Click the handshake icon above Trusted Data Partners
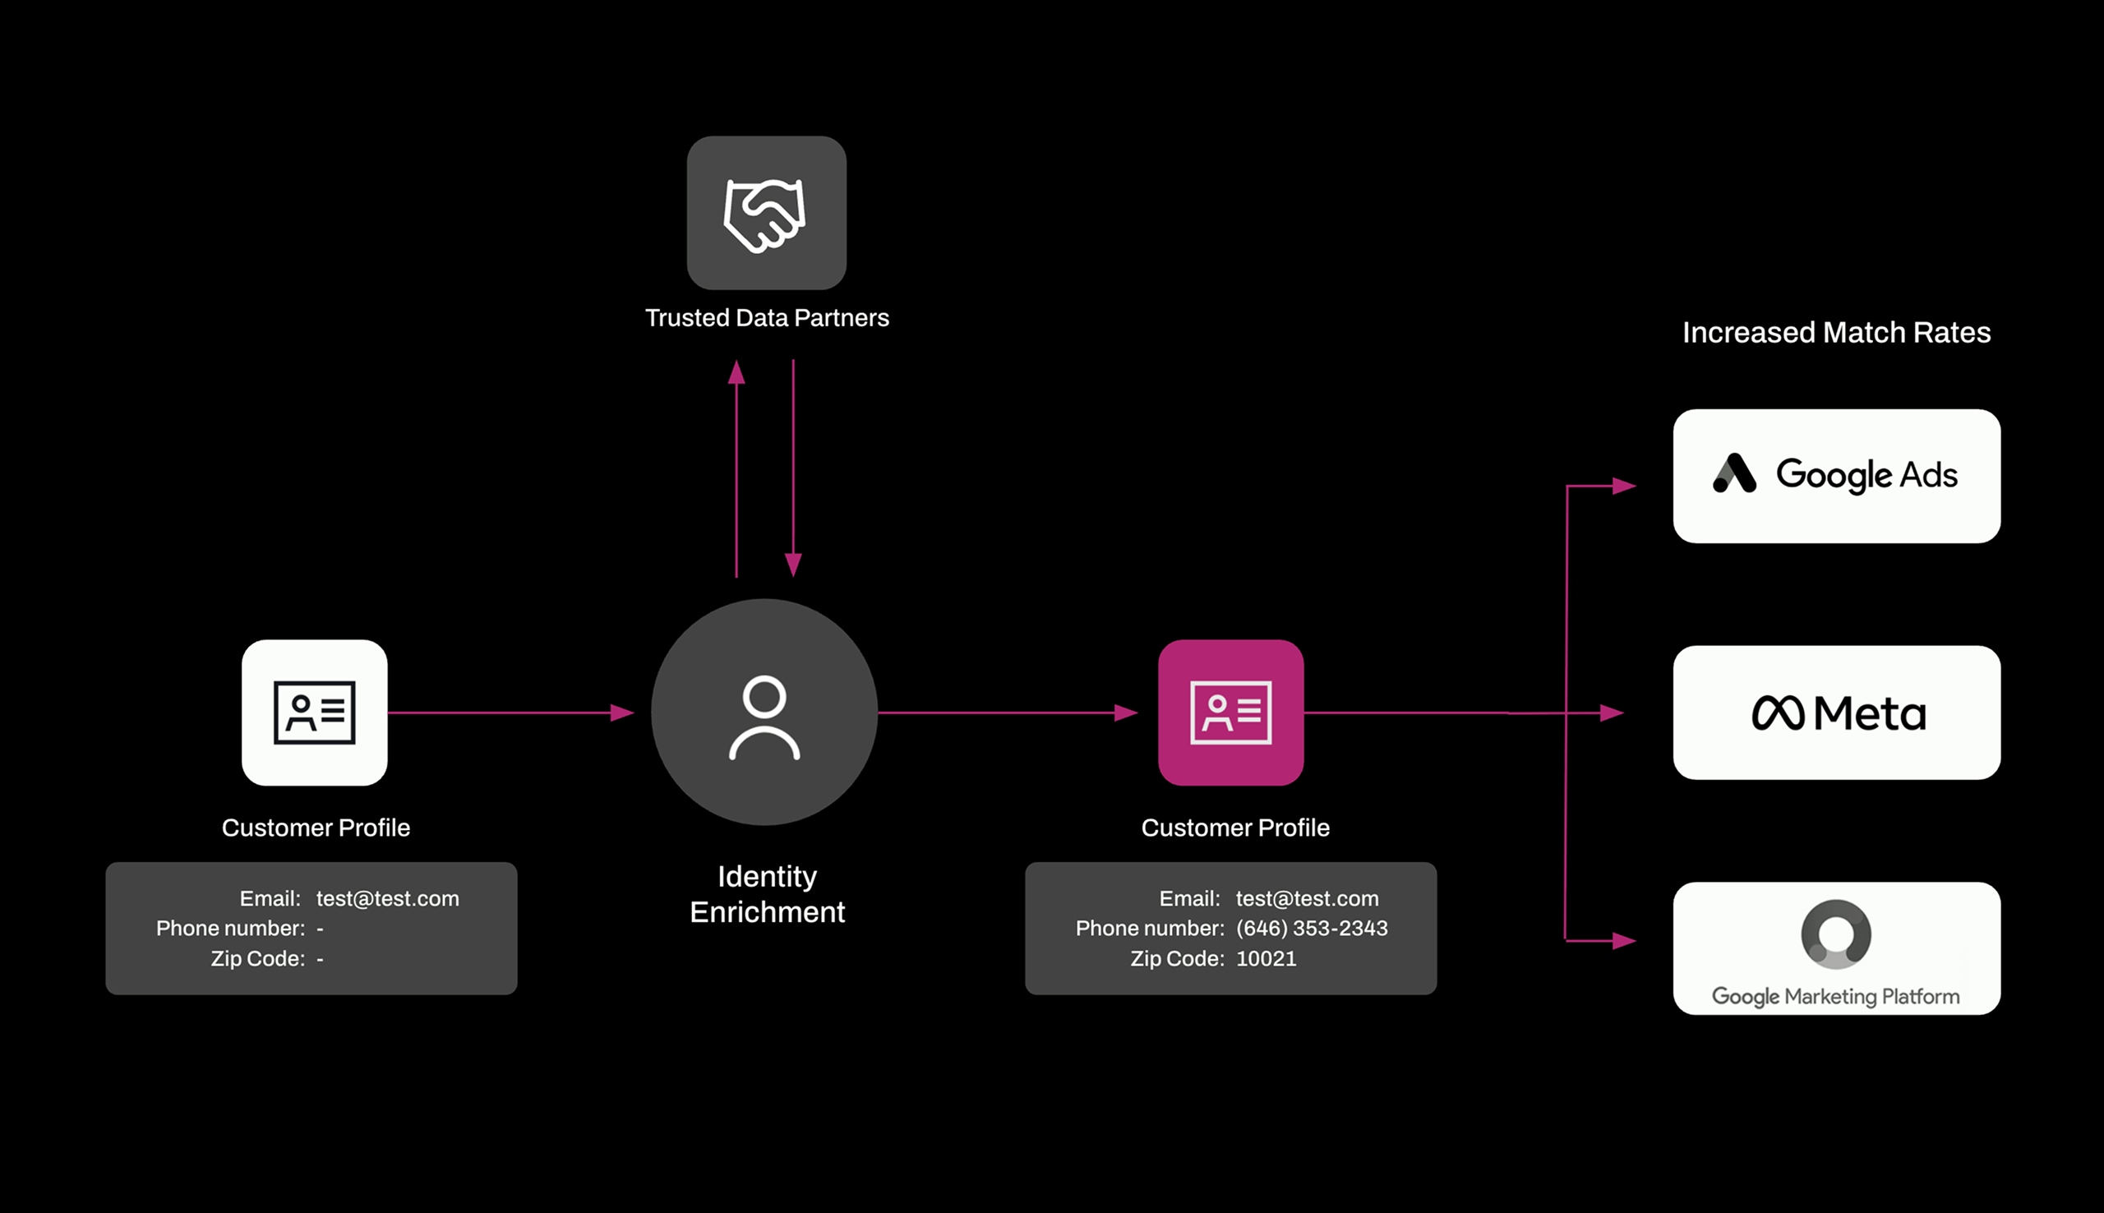[765, 214]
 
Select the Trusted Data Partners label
[766, 317]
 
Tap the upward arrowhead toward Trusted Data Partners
[736, 372]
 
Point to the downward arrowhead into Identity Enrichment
[793, 564]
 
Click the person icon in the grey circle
[764, 717]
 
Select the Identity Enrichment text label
[767, 894]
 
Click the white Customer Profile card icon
[315, 713]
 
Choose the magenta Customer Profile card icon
[1230, 713]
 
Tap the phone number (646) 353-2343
[1311, 928]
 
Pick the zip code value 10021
[1266, 958]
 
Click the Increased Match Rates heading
[1836, 332]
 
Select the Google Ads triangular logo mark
[1734, 473]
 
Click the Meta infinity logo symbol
[1778, 713]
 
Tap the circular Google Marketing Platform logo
[1836, 934]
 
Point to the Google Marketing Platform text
[1835, 996]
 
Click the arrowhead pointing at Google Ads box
[1623, 486]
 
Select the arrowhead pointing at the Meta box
[1612, 713]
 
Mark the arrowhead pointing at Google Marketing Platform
[1623, 941]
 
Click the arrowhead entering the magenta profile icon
[1126, 713]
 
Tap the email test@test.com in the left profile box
[387, 898]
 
